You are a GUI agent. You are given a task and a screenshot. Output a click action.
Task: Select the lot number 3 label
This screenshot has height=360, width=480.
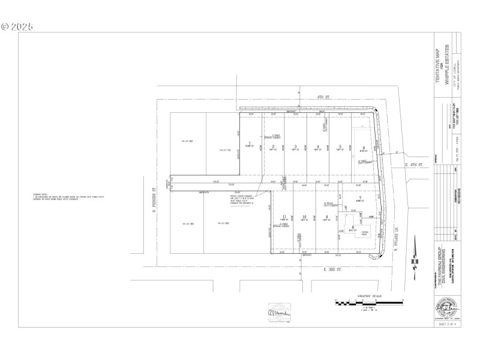point(295,146)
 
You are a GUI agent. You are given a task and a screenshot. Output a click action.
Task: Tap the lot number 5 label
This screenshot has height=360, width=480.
point(340,146)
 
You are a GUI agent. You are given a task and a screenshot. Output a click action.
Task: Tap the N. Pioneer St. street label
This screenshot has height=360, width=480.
point(154,197)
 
